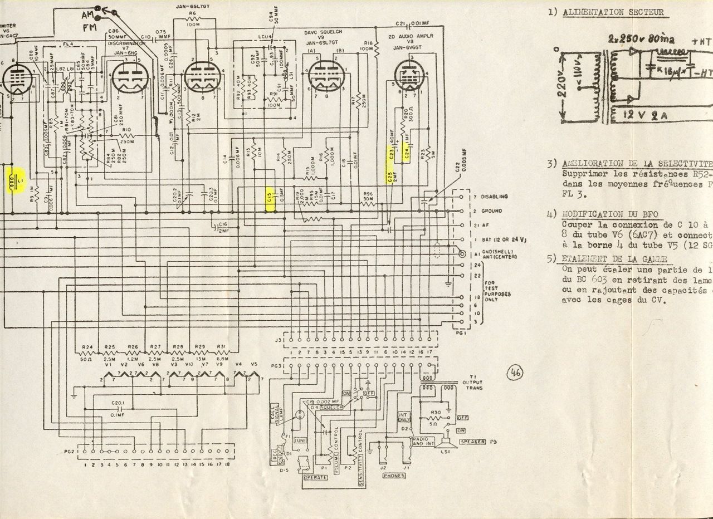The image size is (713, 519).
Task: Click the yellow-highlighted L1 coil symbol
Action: click(15, 180)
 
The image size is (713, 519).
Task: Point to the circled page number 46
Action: click(515, 374)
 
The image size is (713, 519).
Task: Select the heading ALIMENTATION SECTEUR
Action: click(612, 12)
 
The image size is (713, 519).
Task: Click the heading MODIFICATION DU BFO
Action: click(610, 214)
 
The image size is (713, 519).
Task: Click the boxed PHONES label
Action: click(394, 476)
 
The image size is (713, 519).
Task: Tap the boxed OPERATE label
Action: click(315, 477)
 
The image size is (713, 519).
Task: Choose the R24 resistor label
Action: click(87, 347)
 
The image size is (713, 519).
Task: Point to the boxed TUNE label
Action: click(300, 440)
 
